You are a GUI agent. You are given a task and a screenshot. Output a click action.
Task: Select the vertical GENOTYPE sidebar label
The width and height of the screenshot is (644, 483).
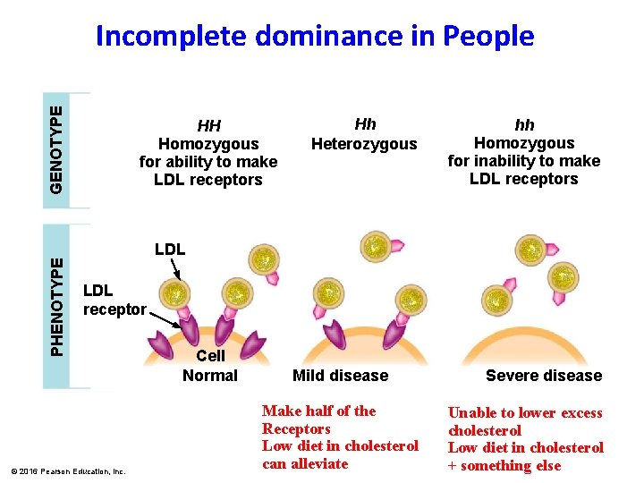click(56, 148)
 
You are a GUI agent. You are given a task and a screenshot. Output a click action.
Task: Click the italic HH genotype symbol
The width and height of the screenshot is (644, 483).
click(208, 126)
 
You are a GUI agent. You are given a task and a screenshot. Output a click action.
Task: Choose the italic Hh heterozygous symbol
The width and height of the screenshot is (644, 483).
click(365, 124)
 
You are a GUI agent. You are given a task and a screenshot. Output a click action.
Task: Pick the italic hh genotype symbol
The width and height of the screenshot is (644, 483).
click(524, 125)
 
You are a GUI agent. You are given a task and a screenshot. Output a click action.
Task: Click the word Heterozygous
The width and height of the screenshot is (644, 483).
click(364, 144)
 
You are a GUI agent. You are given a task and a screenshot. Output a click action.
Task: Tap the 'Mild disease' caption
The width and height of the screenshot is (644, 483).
click(340, 376)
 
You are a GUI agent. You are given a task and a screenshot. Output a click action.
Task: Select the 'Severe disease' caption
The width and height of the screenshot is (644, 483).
click(544, 376)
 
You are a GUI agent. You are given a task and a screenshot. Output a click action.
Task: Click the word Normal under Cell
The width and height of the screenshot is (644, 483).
click(210, 376)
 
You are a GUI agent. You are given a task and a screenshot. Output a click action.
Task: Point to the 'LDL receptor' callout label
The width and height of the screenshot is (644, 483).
click(114, 300)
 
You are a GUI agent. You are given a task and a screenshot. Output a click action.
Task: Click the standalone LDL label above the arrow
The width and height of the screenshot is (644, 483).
click(170, 249)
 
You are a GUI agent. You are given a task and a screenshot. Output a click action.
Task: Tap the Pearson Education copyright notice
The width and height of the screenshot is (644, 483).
click(68, 470)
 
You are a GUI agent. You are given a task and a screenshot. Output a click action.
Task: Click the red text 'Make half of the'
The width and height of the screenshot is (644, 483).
click(318, 411)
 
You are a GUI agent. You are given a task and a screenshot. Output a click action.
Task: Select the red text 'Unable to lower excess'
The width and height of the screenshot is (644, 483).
click(525, 413)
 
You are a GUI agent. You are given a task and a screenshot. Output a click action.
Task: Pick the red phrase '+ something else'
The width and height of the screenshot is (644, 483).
click(504, 465)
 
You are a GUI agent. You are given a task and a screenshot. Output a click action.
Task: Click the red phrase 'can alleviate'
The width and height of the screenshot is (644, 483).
click(305, 463)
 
